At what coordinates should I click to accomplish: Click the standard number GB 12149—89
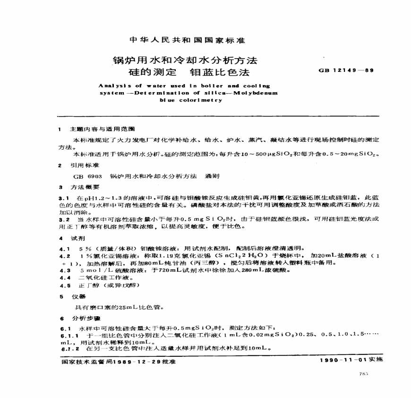point(347,70)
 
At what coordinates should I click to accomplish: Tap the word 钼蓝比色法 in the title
point(219,73)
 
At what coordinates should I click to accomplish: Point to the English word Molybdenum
point(256,93)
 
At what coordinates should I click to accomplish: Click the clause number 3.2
point(64,219)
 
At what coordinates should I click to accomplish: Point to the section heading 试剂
point(77,238)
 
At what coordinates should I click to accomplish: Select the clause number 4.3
point(64,270)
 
